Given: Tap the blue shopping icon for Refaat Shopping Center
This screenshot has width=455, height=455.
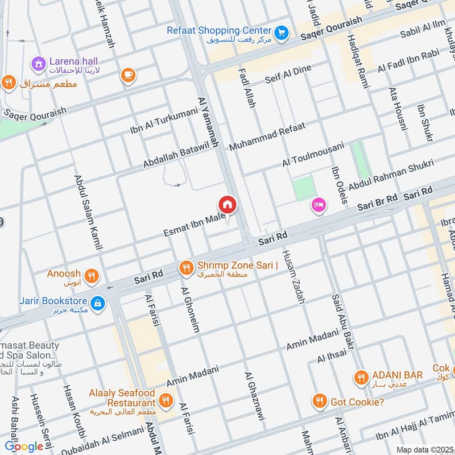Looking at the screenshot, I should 280,34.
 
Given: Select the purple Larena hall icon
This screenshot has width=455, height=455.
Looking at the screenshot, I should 38,64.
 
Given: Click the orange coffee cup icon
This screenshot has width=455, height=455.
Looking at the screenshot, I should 127,75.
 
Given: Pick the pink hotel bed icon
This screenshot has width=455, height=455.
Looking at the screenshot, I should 318,205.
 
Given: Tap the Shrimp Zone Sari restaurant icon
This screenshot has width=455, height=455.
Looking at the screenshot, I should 185,267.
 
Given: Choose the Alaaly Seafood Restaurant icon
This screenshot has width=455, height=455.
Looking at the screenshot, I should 166,401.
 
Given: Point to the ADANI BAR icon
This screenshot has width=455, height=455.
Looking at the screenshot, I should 361,377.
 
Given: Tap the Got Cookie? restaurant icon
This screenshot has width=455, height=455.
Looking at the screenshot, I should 320,402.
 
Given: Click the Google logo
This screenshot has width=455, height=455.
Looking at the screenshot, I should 24,446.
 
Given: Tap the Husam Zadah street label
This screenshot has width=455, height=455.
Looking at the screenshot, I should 293,278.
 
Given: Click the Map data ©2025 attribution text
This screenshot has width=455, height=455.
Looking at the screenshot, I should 424,449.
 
